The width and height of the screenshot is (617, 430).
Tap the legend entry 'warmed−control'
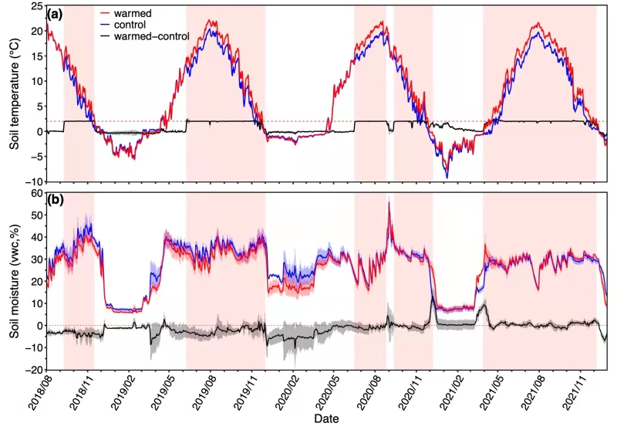151,36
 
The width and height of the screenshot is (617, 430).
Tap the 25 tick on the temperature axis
36,6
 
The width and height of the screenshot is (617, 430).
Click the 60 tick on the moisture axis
36,193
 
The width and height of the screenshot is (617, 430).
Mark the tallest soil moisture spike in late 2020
389,202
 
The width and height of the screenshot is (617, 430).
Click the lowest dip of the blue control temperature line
447,178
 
